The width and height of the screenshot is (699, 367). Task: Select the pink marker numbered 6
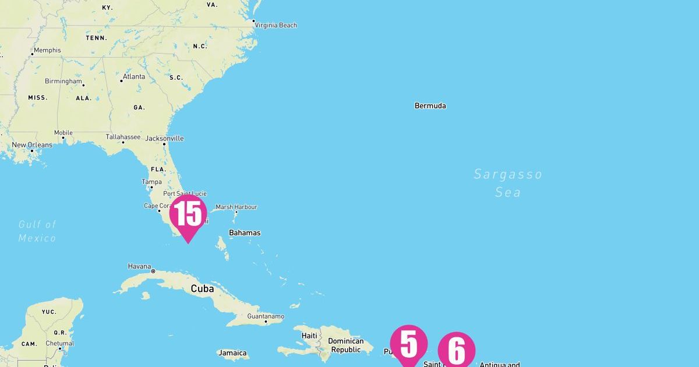point(457,351)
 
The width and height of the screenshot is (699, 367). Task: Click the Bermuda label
point(430,106)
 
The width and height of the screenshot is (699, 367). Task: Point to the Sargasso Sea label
point(507,183)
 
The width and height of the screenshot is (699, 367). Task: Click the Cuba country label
point(202,288)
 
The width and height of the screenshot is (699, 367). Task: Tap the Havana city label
point(139,267)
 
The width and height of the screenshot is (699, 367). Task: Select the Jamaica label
point(232,353)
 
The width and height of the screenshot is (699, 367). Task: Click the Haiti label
point(309,336)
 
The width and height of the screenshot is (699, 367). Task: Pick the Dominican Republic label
point(345,345)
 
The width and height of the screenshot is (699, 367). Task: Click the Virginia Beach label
point(277,25)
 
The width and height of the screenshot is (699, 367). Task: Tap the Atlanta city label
point(134,76)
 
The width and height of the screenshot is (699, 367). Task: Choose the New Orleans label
point(32,145)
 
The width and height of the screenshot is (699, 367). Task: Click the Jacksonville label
point(165,139)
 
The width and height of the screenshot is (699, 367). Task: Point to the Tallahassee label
point(123,137)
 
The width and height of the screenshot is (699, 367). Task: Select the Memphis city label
point(47,50)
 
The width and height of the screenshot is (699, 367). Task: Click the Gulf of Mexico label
point(37,231)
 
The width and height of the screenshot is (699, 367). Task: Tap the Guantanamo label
point(266,316)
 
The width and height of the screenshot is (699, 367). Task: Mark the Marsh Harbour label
point(236,207)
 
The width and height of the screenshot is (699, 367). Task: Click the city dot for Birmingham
point(83,85)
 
